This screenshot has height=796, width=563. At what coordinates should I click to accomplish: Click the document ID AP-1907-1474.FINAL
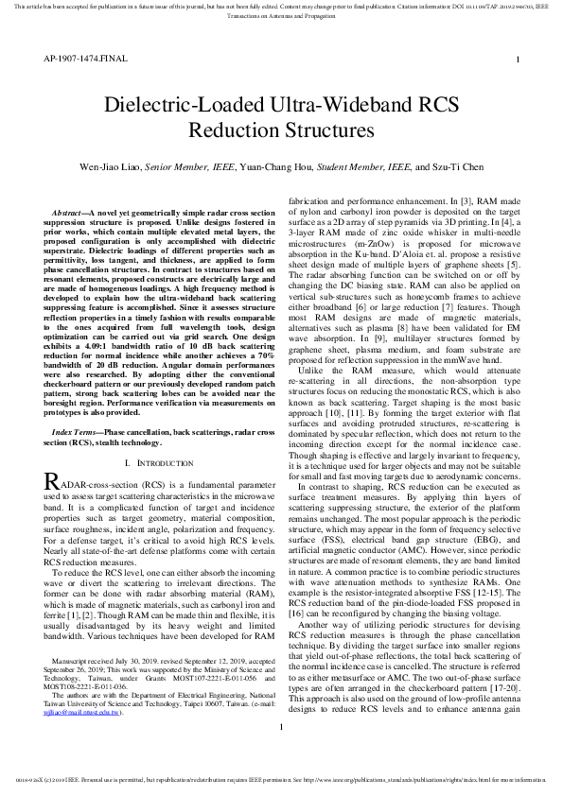[x=79, y=59]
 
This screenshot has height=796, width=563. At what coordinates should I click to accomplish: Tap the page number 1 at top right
[x=518, y=60]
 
